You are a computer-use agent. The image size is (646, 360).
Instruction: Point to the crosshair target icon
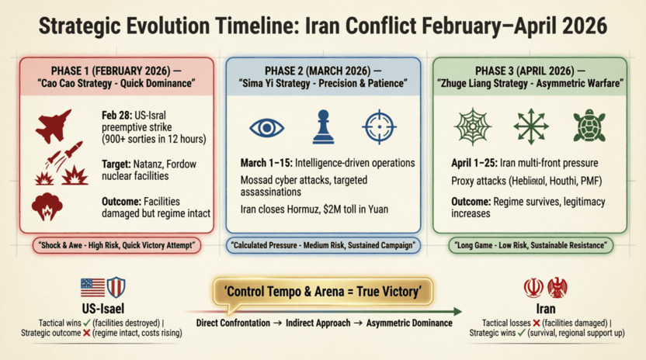pos(378,127)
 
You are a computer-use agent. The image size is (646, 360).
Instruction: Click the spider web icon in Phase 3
pos(473,127)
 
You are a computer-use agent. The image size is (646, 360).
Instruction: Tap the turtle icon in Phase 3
pos(589,127)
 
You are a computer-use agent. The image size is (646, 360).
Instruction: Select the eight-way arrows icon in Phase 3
pos(531,127)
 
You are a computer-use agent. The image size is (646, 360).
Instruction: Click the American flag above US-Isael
pos(92,288)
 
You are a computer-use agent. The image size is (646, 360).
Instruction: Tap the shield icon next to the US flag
pos(116,288)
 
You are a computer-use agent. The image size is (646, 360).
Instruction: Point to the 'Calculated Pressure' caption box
pos(323,246)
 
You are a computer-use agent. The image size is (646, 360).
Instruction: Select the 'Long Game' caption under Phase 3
pos(530,246)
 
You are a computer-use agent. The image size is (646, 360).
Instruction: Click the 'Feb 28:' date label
pos(118,113)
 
